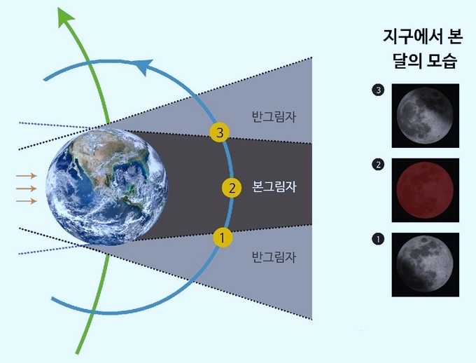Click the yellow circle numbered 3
point(220,132)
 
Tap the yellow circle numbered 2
point(232,188)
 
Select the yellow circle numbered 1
point(223,238)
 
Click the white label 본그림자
point(274,186)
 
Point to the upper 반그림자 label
point(274,117)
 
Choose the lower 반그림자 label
point(274,257)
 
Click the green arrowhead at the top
point(64,17)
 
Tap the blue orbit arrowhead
point(146,66)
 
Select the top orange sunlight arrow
point(27,176)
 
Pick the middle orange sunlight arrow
point(27,189)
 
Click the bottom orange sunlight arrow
point(27,201)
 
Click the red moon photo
point(426,190)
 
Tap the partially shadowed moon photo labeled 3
point(426,116)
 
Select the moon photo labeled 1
point(426,264)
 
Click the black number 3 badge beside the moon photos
point(378,90)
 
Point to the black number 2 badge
point(378,165)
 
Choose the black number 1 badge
point(378,239)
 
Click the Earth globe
point(107,186)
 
